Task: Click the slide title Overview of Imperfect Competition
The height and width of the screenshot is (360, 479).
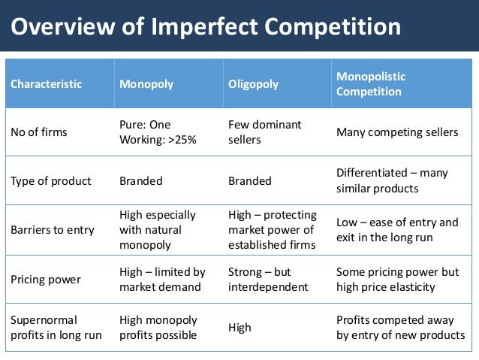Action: coord(206,27)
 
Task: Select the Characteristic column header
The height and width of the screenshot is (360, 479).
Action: coord(46,83)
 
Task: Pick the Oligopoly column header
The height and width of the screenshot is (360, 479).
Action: coord(254,83)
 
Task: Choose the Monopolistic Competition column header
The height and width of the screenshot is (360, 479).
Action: coord(371,83)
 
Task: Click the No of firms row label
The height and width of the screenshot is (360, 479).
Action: coord(38,132)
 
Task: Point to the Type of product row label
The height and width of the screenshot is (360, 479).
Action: coord(50,180)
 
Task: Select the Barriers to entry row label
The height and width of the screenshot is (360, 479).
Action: coord(53,229)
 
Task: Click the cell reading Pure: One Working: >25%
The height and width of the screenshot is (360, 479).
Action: coord(156,132)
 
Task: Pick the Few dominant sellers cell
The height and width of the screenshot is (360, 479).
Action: coord(264,132)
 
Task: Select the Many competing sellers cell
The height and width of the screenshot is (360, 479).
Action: coord(397,132)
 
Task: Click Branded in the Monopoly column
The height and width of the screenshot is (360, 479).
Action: coord(141,180)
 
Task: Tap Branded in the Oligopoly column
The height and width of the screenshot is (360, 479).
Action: coord(249,180)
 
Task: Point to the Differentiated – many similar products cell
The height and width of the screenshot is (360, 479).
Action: coord(392,180)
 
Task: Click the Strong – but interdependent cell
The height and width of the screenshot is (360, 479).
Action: coord(268,279)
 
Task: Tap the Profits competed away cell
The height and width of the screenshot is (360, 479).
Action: coord(400,328)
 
